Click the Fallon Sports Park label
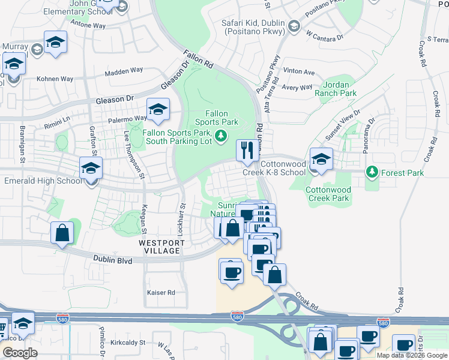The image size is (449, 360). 217,118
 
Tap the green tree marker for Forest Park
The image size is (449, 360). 372,173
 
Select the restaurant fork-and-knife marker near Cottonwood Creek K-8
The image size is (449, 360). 247,151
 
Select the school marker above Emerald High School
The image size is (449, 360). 91,168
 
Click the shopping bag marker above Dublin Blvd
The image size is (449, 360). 62,233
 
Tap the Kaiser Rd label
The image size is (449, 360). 161,292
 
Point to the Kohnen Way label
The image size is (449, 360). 55,79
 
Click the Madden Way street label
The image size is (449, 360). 124,72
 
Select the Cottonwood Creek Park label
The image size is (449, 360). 328,193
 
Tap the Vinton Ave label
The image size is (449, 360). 299,72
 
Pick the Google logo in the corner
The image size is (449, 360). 20,353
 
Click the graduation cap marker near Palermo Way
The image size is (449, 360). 158,109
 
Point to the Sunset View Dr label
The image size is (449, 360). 343,125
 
